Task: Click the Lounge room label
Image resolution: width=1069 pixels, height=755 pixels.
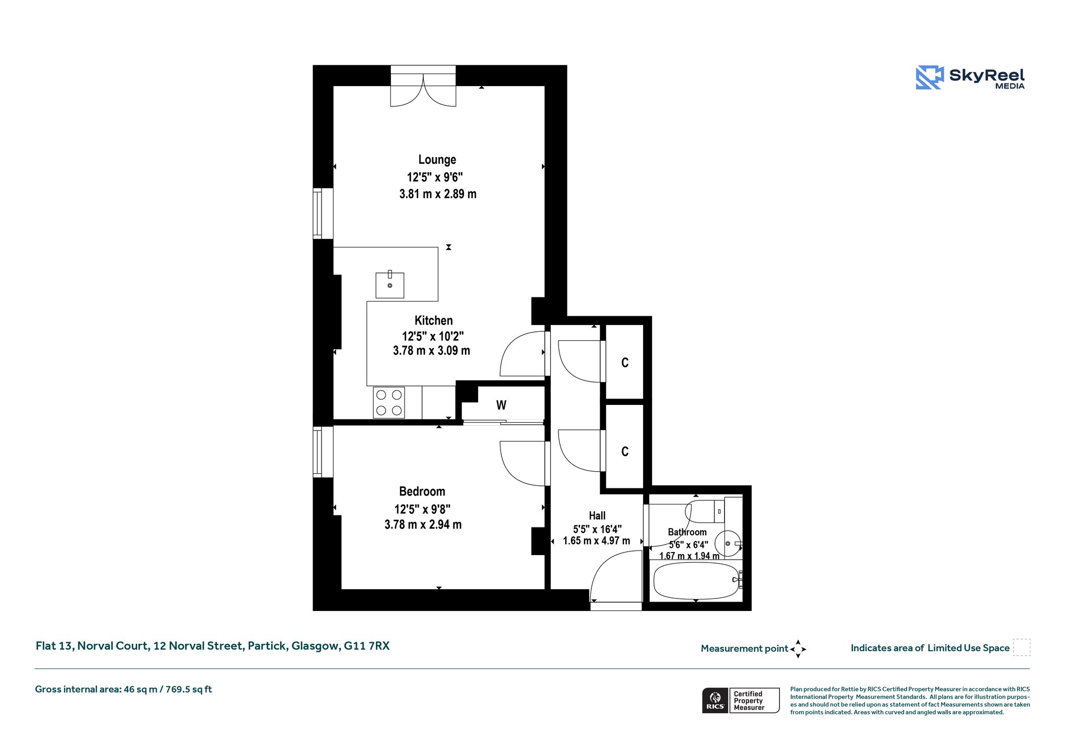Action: tap(437, 160)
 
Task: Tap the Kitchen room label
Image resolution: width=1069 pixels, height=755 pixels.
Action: tap(434, 320)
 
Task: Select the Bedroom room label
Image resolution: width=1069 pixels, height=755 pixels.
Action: tap(422, 492)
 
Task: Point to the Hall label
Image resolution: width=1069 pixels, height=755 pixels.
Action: tap(597, 516)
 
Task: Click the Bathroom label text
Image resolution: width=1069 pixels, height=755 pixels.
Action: tap(687, 532)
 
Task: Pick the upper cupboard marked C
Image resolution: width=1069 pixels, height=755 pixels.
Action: tap(625, 363)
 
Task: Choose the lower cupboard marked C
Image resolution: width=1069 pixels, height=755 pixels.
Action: tap(625, 451)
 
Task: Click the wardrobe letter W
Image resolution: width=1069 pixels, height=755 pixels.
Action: tap(501, 405)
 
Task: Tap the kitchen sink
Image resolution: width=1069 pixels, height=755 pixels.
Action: tap(390, 285)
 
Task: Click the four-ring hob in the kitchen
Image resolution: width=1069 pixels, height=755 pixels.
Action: tap(389, 402)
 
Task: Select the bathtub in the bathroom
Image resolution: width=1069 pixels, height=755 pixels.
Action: tap(696, 581)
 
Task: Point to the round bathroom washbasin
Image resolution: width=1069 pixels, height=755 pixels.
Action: tap(728, 544)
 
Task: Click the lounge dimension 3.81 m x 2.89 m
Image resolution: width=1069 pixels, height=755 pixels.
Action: tap(438, 194)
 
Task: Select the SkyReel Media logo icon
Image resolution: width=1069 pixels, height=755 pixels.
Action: tap(930, 77)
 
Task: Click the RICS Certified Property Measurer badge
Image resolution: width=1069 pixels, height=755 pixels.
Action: tap(741, 700)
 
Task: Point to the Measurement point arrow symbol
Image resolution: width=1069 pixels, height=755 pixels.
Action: tap(798, 649)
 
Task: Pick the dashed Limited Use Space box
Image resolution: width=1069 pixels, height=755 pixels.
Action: tap(1022, 648)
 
